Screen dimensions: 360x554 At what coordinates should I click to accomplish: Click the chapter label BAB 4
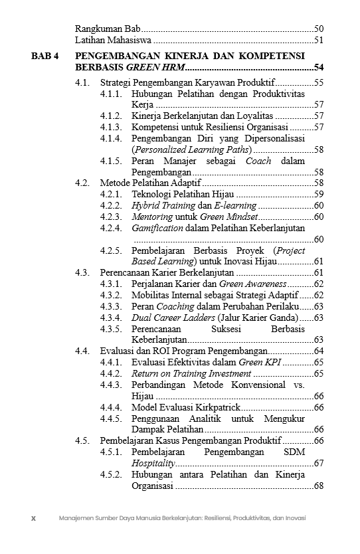point(46,55)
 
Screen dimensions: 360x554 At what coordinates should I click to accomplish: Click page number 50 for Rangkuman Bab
point(318,29)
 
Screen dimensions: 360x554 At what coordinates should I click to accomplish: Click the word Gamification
point(157,228)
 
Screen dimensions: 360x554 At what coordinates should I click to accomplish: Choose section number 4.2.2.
point(112,206)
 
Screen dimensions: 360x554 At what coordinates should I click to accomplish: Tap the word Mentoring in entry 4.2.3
point(152,217)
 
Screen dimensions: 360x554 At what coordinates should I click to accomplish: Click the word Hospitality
point(153,463)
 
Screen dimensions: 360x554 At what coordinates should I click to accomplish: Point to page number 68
point(318,486)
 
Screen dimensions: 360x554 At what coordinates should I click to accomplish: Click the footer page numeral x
point(33,518)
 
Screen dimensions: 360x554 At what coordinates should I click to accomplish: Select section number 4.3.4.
point(112,318)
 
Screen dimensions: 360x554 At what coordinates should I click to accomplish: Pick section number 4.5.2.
point(112,475)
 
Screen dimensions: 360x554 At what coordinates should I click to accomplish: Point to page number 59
point(318,195)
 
